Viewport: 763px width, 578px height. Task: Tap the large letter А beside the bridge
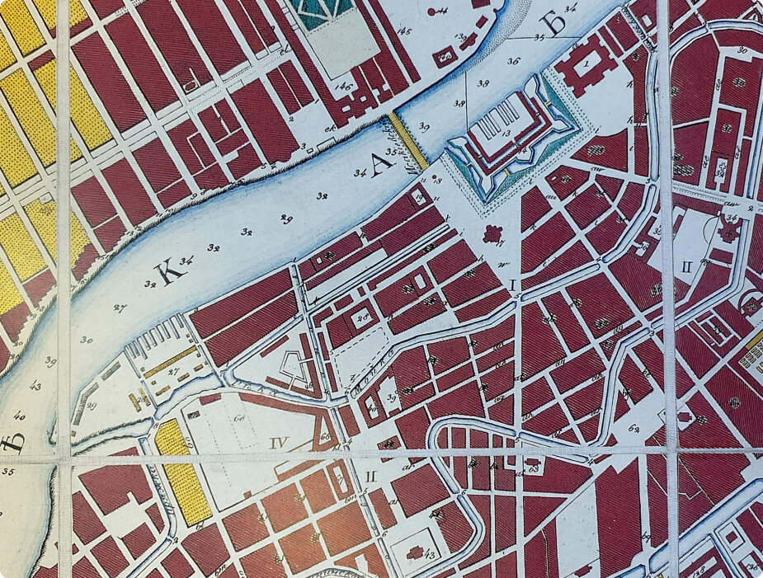point(379,164)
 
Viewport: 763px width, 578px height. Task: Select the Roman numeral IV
point(279,443)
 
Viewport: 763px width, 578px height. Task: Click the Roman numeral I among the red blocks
point(513,284)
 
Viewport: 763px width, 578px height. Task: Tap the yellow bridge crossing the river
point(407,141)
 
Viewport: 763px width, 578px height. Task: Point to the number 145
point(404,33)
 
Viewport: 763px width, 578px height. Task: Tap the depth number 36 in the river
point(513,61)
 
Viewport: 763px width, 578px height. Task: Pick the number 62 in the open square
point(633,428)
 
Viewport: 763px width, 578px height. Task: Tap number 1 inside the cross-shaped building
point(586,62)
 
